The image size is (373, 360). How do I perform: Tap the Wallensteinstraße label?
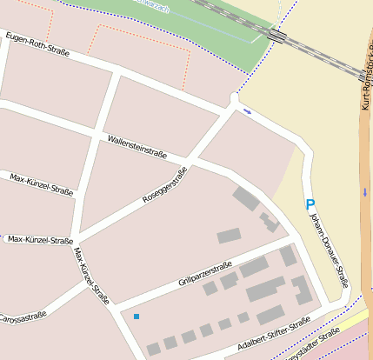[x=137, y=146]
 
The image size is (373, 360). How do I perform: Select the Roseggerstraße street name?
[x=164, y=185]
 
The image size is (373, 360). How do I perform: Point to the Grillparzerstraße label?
[x=204, y=272]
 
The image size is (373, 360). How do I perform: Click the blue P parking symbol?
[x=310, y=204]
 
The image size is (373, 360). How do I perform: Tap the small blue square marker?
[x=136, y=317]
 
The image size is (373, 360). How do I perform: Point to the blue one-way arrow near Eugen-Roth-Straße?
[x=248, y=111]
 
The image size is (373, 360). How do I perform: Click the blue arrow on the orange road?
[x=366, y=190]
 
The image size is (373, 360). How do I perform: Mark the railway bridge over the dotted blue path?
[x=278, y=35]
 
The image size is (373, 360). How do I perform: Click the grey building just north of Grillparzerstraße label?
[x=229, y=236]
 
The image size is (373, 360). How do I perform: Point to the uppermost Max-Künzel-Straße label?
[x=41, y=183]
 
